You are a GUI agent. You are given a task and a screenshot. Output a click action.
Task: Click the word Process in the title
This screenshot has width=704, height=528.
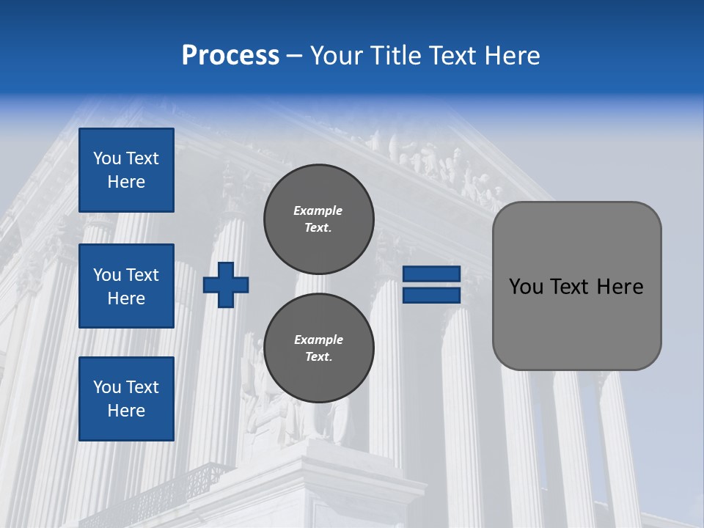230,56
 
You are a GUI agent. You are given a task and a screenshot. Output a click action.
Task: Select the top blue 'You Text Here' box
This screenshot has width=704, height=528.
126,170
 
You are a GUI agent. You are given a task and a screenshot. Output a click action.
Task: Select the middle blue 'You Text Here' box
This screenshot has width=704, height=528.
126,286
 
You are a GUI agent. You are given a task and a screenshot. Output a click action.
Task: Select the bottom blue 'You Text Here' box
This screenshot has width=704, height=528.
126,398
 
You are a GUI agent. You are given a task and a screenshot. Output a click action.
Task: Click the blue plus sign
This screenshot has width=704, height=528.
226,286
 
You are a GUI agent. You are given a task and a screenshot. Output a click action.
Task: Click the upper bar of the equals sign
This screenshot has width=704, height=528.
431,274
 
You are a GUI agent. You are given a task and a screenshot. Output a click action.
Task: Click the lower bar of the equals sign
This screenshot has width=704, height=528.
431,295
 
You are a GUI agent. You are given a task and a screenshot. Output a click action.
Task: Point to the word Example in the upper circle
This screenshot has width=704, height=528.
318,210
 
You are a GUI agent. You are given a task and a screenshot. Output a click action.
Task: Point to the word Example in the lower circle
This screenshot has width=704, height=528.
318,340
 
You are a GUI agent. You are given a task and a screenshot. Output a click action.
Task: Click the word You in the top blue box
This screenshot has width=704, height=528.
107,158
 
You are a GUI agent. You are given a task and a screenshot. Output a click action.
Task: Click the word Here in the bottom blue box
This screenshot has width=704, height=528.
126,411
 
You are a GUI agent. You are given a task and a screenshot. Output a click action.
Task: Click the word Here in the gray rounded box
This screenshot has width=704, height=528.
620,287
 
